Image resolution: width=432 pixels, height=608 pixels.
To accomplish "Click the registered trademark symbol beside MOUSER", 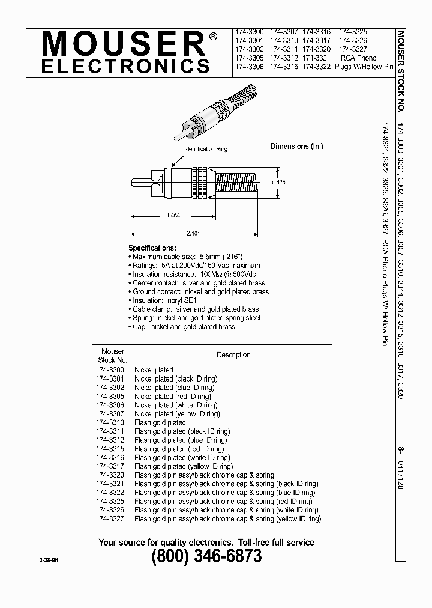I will (x=213, y=37).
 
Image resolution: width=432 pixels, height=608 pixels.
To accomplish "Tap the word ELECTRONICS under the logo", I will (x=125, y=66).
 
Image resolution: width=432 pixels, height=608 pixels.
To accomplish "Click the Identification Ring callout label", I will (x=199, y=148).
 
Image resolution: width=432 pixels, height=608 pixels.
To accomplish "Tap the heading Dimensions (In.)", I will (x=298, y=147).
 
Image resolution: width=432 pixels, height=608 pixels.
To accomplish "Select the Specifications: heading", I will (x=152, y=248).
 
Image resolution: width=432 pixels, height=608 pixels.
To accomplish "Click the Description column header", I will (x=233, y=355).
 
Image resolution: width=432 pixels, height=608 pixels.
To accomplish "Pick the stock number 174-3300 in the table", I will (x=110, y=370).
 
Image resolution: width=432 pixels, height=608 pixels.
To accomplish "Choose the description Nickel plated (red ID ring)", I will (x=173, y=397).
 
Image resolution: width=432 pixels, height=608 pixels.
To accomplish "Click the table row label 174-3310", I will (x=110, y=422).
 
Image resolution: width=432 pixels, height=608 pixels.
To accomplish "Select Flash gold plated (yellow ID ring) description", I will (x=183, y=466).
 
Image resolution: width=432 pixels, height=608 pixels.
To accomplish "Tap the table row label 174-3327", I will (x=110, y=519).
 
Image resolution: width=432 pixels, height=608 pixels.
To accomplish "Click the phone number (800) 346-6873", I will (x=206, y=557).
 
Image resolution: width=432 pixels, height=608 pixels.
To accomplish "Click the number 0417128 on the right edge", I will (x=401, y=475).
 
